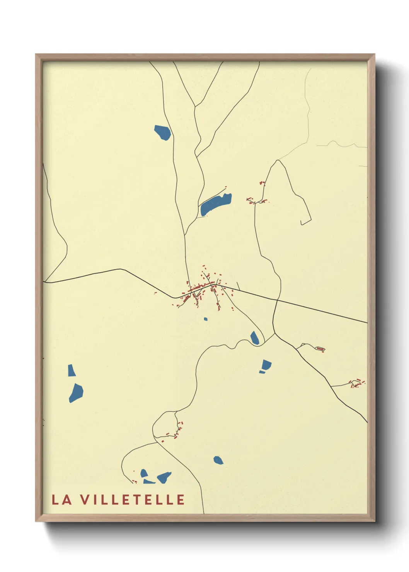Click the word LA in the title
pyautogui.click(x=62, y=499)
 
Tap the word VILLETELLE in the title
pyautogui.click(x=133, y=499)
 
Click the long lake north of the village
pyautogui.click(x=215, y=204)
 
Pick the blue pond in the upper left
pyautogui.click(x=163, y=132)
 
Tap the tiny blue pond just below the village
pyautogui.click(x=206, y=319)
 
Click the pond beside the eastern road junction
pyautogui.click(x=255, y=338)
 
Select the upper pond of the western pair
pyautogui.click(x=71, y=370)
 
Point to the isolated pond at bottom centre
pyautogui.click(x=218, y=460)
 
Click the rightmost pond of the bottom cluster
pyautogui.click(x=164, y=477)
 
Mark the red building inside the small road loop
pyautogui.click(x=320, y=349)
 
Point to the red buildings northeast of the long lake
pyautogui.click(x=256, y=200)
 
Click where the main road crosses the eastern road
pyautogui.click(x=276, y=300)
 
